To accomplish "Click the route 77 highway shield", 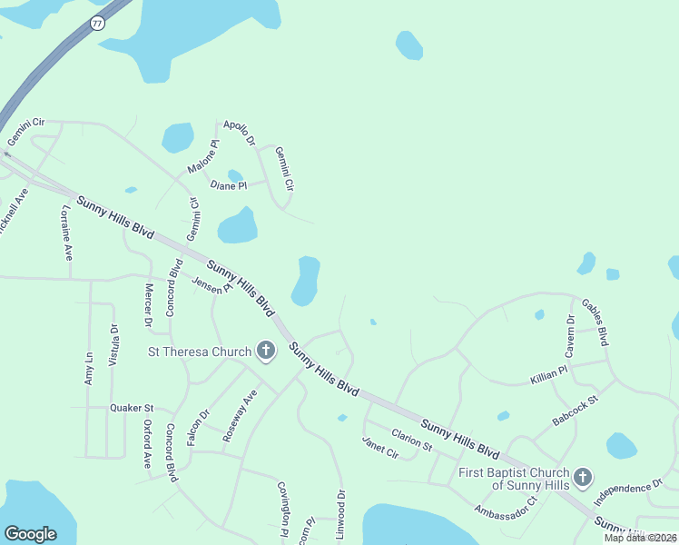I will point(97,23).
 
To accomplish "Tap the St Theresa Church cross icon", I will point(266,351).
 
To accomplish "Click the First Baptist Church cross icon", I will point(583,476).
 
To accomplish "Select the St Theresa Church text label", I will point(200,351).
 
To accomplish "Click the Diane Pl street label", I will point(228,185).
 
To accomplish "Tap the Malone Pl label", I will point(203,156).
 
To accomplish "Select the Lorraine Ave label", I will point(66,233).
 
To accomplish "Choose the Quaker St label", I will point(133,408).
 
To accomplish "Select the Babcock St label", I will point(576,411).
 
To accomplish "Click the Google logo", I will point(30,534).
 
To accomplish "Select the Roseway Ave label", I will point(240,416).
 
